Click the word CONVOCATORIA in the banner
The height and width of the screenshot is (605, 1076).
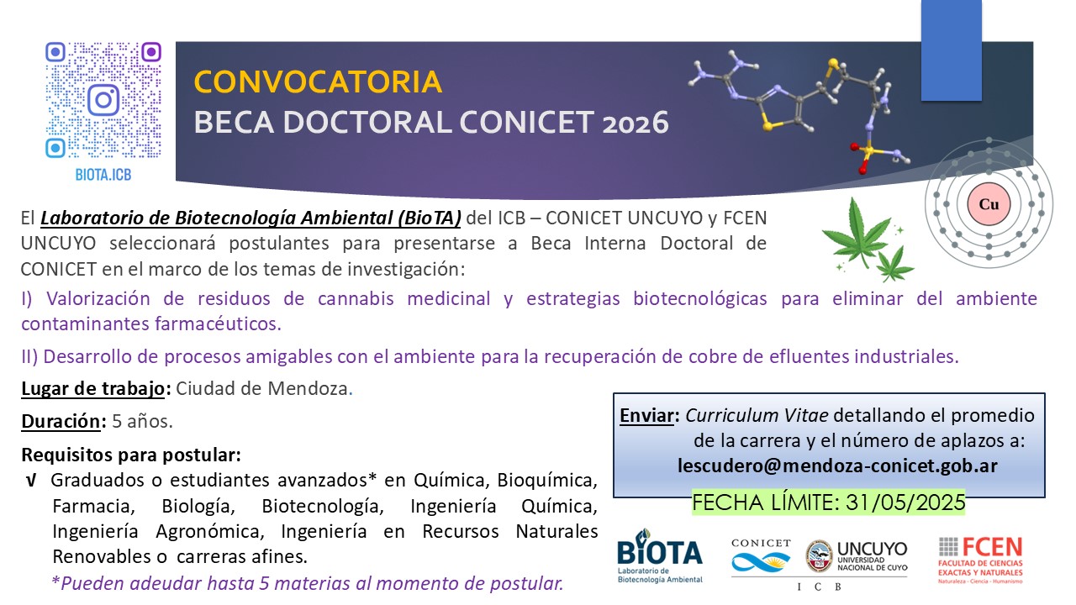click(318, 82)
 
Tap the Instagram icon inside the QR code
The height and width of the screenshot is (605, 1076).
click(103, 100)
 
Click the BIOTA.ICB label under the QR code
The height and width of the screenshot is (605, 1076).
click(103, 175)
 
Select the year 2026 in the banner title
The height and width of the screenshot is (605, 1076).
click(636, 124)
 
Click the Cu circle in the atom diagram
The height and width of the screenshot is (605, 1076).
click(989, 204)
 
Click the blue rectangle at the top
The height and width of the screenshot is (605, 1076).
click(951, 50)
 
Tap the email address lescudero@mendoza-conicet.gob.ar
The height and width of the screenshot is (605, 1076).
click(837, 466)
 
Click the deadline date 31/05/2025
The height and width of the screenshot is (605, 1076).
click(905, 502)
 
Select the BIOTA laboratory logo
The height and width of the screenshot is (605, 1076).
click(660, 556)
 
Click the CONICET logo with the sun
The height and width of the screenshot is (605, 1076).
click(761, 557)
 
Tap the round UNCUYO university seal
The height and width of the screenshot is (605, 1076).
click(819, 556)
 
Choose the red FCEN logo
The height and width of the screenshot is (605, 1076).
click(980, 560)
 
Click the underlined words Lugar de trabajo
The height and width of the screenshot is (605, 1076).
click(92, 388)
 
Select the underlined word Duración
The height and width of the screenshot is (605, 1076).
click(61, 421)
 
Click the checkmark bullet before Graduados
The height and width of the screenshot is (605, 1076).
click(31, 481)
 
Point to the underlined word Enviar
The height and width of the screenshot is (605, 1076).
click(646, 415)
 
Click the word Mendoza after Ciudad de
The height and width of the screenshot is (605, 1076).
click(308, 388)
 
